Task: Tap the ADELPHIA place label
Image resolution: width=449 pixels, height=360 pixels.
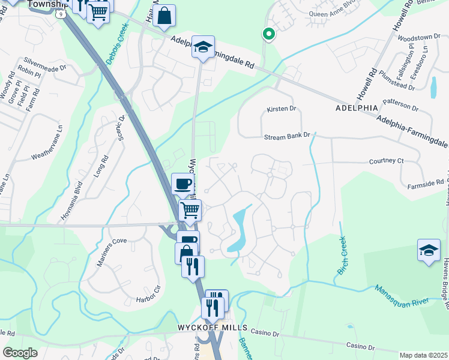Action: [x=357, y=108]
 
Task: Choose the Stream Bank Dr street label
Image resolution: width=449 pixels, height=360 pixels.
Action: [x=288, y=136]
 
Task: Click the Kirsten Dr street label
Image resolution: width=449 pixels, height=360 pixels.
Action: [x=282, y=109]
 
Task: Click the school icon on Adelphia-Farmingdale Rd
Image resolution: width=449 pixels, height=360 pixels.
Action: [x=203, y=47]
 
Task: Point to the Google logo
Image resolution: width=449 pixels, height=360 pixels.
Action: [x=20, y=353]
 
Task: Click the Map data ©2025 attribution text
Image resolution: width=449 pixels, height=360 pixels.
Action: [x=424, y=355]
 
